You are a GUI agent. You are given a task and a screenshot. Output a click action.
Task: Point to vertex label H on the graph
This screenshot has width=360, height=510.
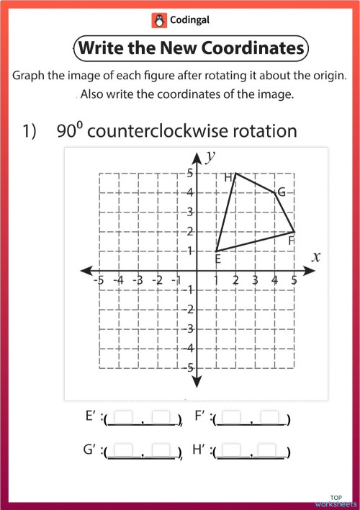(228, 177)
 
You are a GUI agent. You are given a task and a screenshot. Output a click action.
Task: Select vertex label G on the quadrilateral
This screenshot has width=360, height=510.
(281, 192)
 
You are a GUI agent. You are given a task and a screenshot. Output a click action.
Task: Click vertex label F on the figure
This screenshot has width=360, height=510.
(290, 241)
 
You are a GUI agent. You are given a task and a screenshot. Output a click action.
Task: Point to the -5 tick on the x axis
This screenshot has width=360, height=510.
(99, 280)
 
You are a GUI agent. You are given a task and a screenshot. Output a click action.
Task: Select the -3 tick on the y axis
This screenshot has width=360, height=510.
(189, 328)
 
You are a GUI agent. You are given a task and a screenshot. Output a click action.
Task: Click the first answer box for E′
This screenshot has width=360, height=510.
(124, 416)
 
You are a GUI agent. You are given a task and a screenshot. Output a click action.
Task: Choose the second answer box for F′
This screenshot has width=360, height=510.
(269, 416)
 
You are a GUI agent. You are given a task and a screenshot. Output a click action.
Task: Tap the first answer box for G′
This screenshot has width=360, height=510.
(124, 451)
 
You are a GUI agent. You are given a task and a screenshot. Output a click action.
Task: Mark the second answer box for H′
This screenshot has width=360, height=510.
(269, 451)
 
